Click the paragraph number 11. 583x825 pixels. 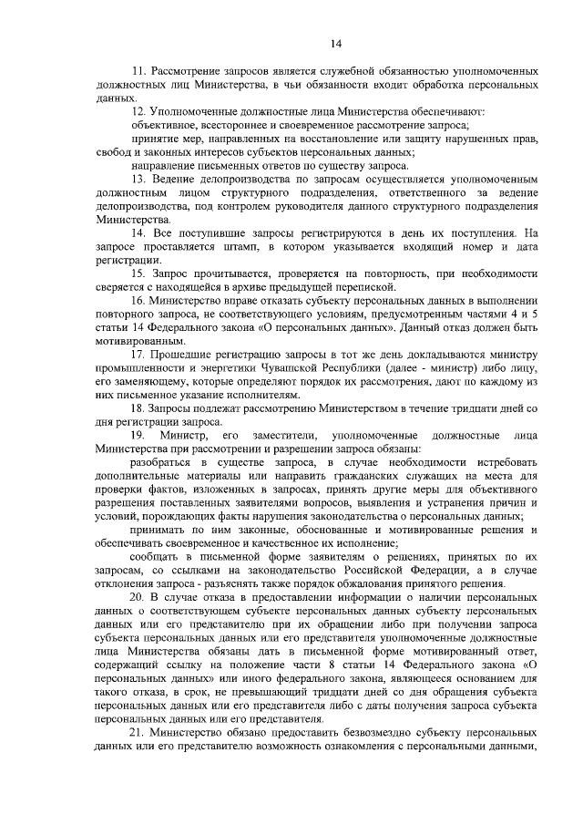[138, 70]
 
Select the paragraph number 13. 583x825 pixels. [138, 179]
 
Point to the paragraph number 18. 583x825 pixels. [138, 407]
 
